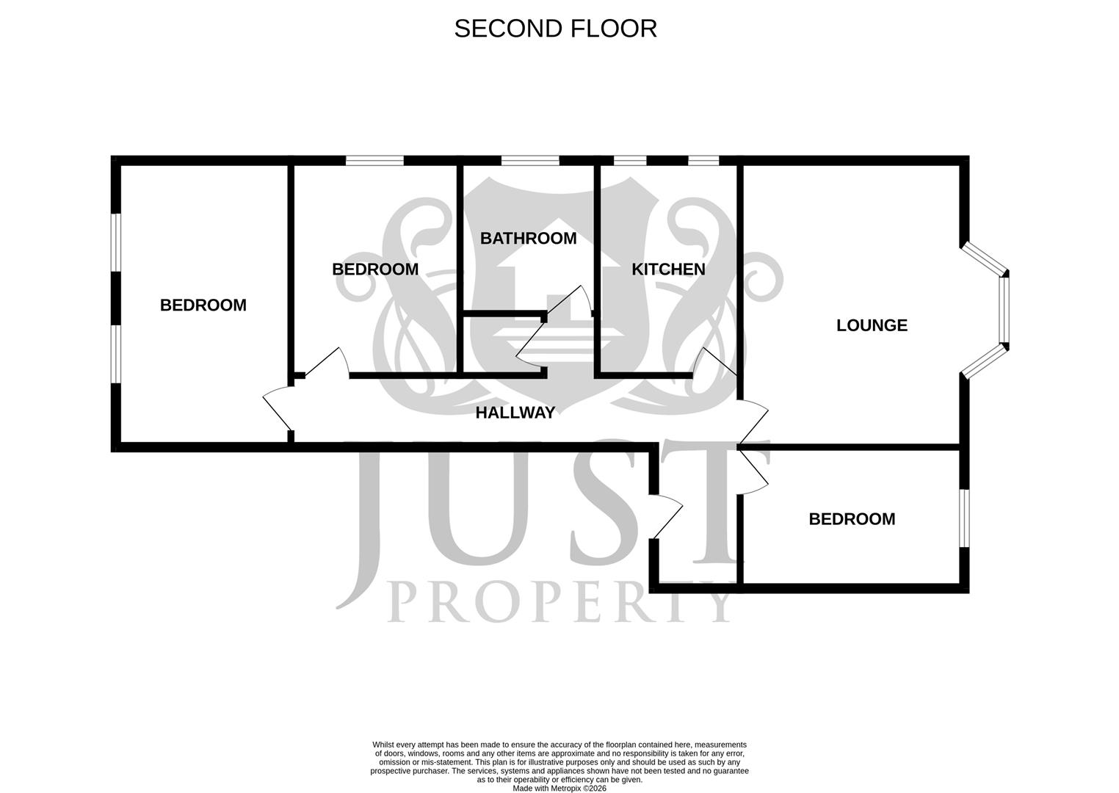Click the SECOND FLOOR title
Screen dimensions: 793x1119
555,29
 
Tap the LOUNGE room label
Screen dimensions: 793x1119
872,325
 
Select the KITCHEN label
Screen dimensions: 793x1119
668,269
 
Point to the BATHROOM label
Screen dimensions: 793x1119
528,239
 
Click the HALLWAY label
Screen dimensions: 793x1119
515,413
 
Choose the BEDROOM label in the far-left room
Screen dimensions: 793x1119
203,305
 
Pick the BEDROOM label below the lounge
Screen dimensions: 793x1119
852,519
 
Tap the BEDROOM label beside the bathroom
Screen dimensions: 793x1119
375,269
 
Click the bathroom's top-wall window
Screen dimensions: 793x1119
530,161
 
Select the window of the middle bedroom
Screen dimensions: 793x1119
374,161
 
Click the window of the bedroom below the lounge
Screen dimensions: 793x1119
964,518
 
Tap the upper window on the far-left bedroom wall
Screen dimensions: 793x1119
116,242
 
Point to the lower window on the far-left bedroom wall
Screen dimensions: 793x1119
116,354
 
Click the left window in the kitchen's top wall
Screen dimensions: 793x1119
630,161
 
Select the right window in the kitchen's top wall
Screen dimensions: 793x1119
703,161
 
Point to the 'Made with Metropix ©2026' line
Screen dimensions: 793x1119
559,789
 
